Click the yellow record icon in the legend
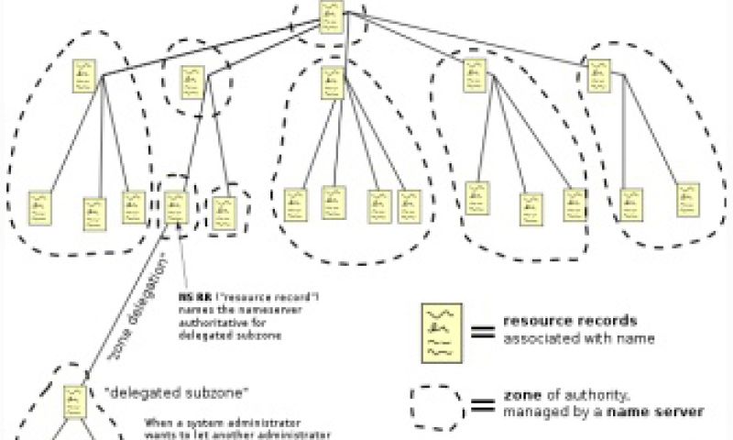click(x=436, y=331)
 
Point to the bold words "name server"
click(x=665, y=412)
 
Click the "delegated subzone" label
click(x=179, y=393)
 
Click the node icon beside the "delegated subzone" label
click(x=75, y=400)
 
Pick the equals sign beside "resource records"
click(x=483, y=331)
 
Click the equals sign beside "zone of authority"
click(x=483, y=404)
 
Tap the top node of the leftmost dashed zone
click(x=85, y=76)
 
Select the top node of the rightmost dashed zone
click(x=599, y=76)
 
